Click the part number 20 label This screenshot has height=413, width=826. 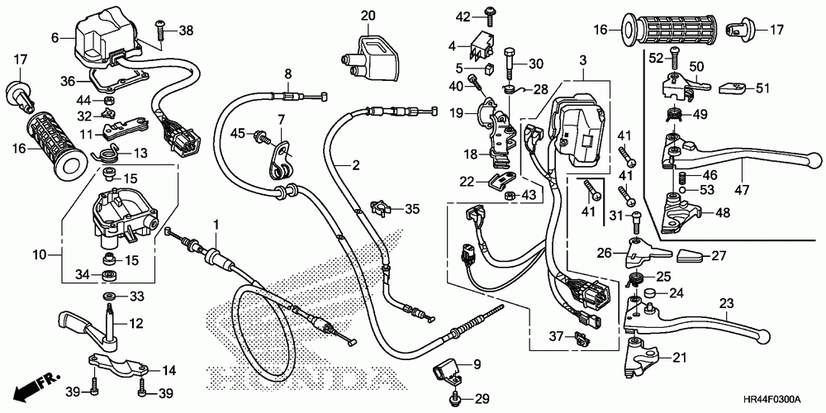pyautogui.click(x=368, y=16)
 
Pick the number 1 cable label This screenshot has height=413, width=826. pyautogui.click(x=217, y=224)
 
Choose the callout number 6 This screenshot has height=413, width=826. pyautogui.click(x=55, y=37)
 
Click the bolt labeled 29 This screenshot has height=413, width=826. pyautogui.click(x=456, y=400)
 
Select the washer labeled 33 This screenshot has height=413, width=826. pyautogui.click(x=108, y=296)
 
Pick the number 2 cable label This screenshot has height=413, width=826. pyautogui.click(x=356, y=165)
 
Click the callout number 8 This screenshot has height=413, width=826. pyautogui.click(x=288, y=74)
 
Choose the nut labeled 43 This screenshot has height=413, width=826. pyautogui.click(x=510, y=195)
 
